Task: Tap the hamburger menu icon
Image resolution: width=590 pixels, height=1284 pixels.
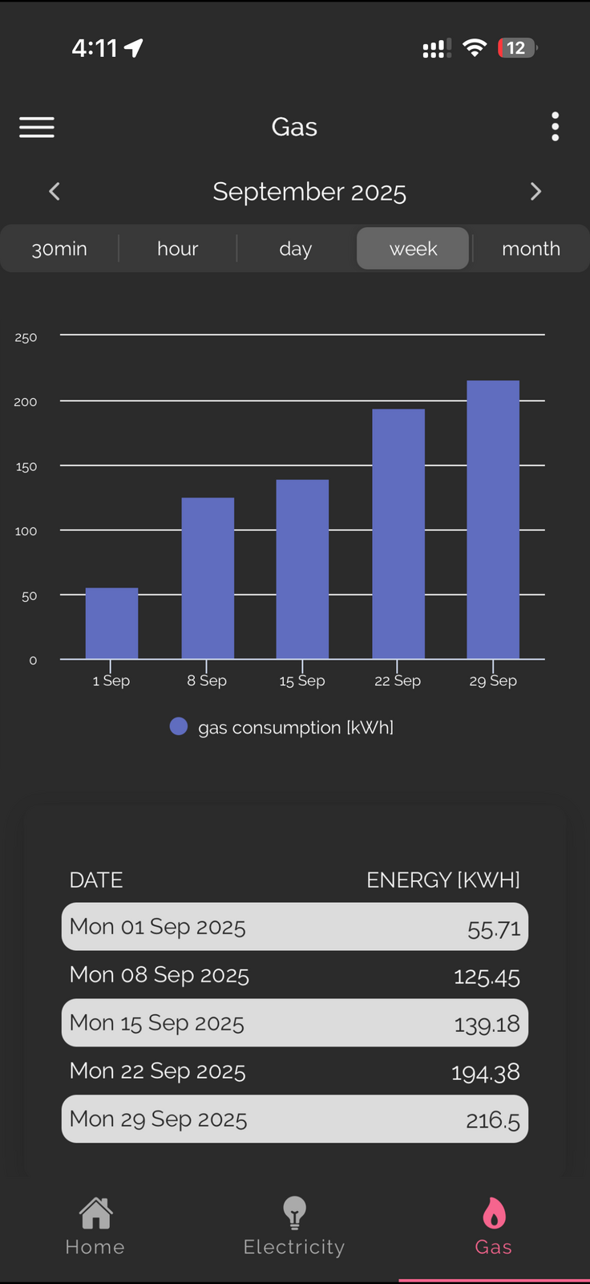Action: click(x=37, y=127)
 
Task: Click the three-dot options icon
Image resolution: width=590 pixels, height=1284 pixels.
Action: click(x=555, y=127)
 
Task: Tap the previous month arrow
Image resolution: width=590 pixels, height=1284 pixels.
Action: click(x=55, y=191)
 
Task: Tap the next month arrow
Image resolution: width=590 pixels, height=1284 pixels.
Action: click(x=535, y=191)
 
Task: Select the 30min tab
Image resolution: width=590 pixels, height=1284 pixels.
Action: click(x=59, y=249)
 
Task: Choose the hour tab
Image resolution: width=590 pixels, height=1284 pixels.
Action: click(x=177, y=249)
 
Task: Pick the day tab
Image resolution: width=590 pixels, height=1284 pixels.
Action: click(x=295, y=249)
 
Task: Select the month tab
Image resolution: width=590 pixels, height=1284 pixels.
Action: click(x=531, y=249)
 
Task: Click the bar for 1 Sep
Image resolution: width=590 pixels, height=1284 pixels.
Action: click(x=111, y=624)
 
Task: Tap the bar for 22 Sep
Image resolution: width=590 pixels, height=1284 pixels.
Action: click(x=398, y=534)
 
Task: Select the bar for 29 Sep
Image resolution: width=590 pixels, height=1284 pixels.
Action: click(x=493, y=519)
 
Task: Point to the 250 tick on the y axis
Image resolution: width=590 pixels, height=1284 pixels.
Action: click(x=26, y=338)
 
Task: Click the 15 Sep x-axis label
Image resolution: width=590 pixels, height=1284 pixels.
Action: click(x=302, y=681)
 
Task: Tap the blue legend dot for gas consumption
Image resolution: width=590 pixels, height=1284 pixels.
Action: click(x=179, y=726)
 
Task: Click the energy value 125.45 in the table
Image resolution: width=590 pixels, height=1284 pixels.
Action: click(x=487, y=977)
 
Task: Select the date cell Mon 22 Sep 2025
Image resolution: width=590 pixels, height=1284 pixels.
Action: click(x=157, y=1071)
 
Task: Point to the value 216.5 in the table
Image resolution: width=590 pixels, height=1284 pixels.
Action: click(x=492, y=1119)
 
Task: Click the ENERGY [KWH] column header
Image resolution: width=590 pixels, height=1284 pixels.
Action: click(x=442, y=880)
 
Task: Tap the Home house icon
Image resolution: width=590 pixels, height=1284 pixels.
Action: click(x=95, y=1213)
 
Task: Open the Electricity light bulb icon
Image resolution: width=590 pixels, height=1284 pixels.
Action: click(x=294, y=1213)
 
